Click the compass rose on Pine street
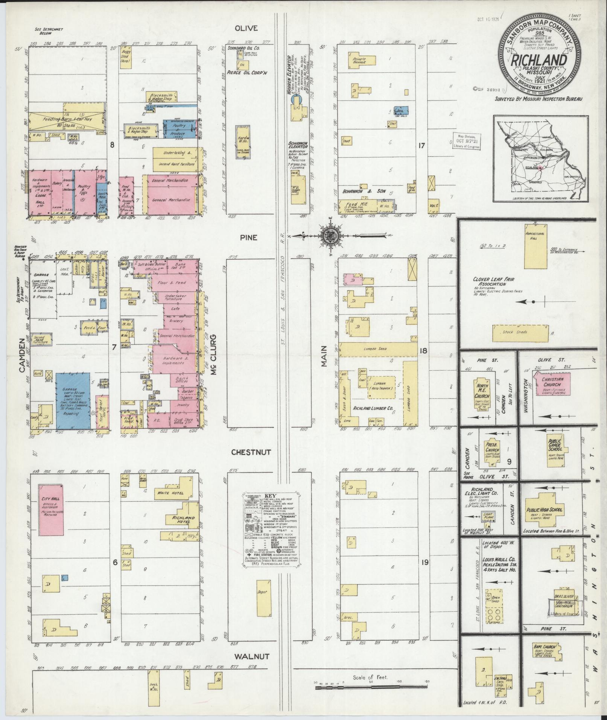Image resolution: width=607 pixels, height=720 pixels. (330, 236)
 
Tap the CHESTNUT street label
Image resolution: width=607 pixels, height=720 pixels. (251, 452)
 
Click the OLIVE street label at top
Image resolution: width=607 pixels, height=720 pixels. (246, 28)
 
